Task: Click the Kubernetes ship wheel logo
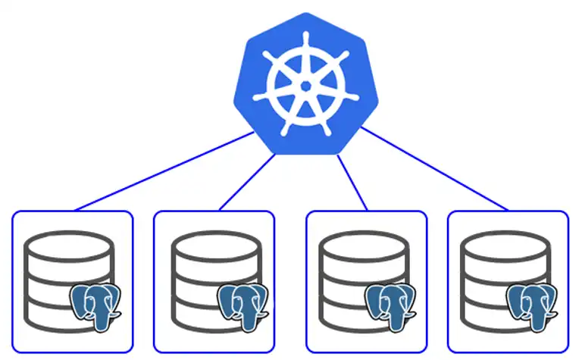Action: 306,84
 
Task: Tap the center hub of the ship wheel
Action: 306,86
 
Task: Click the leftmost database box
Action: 73,281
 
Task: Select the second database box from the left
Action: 214,281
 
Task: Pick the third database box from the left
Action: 366,281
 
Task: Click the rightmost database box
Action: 508,281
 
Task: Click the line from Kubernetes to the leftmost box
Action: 163,172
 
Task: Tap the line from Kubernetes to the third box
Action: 352,183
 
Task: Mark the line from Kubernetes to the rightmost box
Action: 436,170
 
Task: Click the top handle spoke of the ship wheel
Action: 306,42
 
